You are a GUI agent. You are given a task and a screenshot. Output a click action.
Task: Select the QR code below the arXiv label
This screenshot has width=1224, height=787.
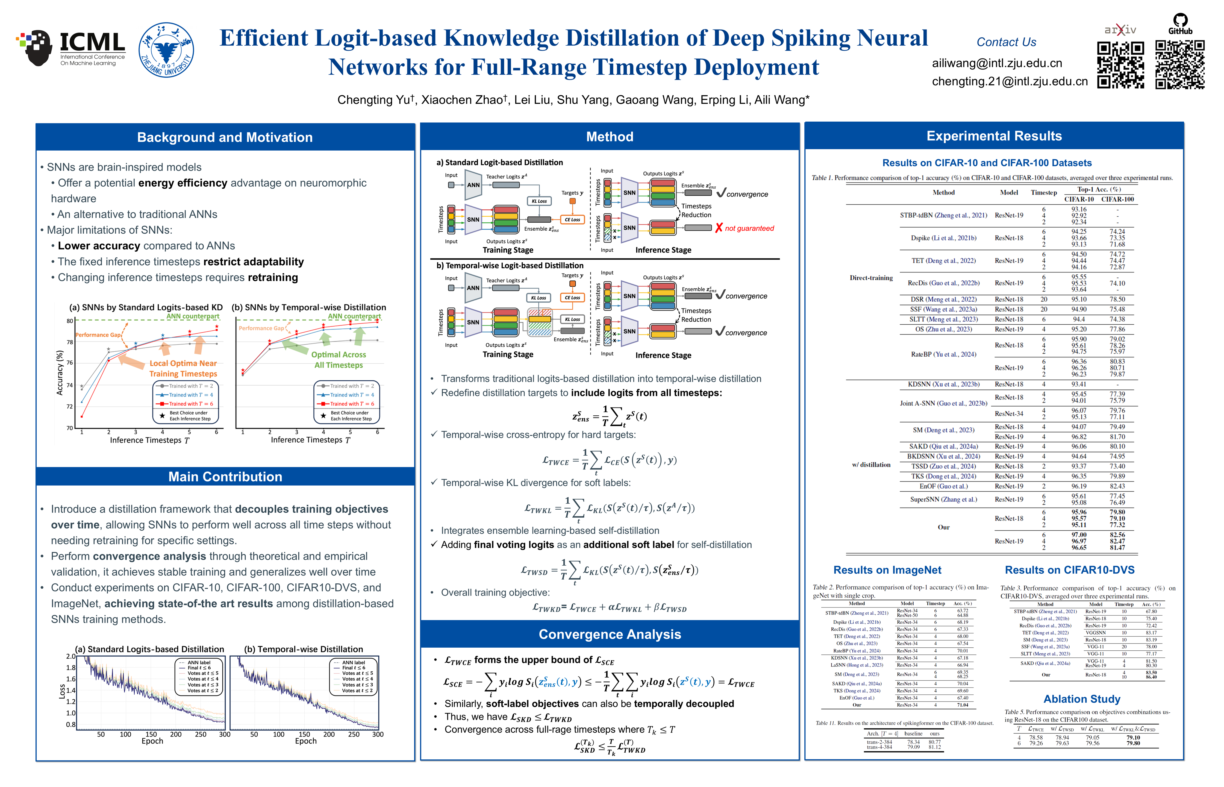coord(1120,65)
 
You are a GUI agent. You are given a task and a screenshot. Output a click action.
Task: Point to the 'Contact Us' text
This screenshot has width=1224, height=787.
coord(1006,42)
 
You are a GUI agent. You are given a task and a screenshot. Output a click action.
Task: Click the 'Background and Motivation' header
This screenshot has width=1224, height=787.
coord(225,137)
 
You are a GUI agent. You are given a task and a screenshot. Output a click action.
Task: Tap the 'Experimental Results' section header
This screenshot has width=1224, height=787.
coord(994,136)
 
